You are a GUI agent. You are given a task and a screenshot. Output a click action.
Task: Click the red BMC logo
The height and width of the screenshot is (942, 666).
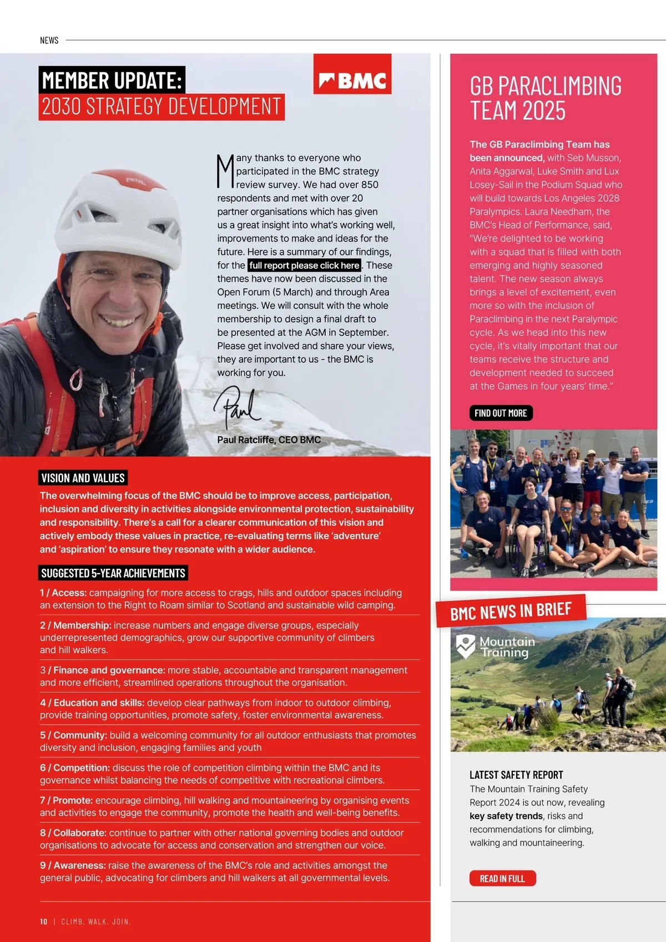352,74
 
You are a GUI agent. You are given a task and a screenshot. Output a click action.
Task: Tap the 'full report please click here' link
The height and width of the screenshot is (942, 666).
304,265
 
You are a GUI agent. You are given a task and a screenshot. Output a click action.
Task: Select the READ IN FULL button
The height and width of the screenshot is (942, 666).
502,878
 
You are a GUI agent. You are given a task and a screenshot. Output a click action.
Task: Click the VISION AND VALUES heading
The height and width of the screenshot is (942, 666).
83,478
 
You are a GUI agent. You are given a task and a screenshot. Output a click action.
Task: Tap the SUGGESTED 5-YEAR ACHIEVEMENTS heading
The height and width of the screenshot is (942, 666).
113,573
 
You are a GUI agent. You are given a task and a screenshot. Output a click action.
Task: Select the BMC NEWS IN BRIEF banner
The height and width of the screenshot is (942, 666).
511,611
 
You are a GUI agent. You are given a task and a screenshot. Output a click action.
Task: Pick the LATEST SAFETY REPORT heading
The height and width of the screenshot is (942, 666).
516,775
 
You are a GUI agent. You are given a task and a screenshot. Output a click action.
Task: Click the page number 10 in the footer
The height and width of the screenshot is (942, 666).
44,921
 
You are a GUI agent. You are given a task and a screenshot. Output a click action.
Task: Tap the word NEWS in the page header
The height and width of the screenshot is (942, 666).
49,41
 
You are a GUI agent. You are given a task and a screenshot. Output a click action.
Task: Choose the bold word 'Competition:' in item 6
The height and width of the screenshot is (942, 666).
82,768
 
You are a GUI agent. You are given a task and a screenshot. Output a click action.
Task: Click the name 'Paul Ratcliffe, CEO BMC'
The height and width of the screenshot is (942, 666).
269,439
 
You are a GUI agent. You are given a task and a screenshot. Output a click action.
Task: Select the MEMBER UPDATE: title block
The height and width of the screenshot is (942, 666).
112,81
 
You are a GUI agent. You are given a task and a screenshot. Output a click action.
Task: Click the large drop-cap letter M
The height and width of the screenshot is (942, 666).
225,171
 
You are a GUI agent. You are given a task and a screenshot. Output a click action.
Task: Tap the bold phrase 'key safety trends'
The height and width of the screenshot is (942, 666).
506,816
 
